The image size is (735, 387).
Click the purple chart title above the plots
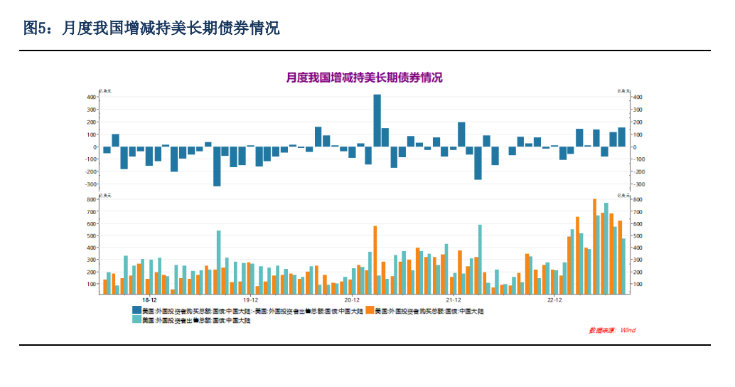click(364, 78)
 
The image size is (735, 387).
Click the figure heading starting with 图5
click(151, 28)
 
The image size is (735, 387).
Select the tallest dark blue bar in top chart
click(377, 120)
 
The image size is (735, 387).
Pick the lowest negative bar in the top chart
click(217, 166)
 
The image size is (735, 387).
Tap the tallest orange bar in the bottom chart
click(594, 245)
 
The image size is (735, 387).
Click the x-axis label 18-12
click(149, 300)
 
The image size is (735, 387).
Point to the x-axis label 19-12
click(250, 300)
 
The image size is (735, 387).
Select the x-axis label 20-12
click(352, 300)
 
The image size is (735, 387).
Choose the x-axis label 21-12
click(453, 300)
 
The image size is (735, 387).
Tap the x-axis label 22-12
click(554, 300)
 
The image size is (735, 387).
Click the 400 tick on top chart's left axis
click(92, 97)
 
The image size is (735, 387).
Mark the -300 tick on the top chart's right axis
click(639, 184)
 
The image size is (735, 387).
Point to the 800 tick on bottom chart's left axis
click(92, 200)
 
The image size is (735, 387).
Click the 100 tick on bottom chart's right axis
click(638, 285)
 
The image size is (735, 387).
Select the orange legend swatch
click(370, 311)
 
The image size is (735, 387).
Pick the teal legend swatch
click(136, 320)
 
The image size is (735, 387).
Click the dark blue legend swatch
click(136, 311)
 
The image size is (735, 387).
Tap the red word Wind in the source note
click(628, 330)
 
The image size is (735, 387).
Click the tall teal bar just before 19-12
click(218, 261)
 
